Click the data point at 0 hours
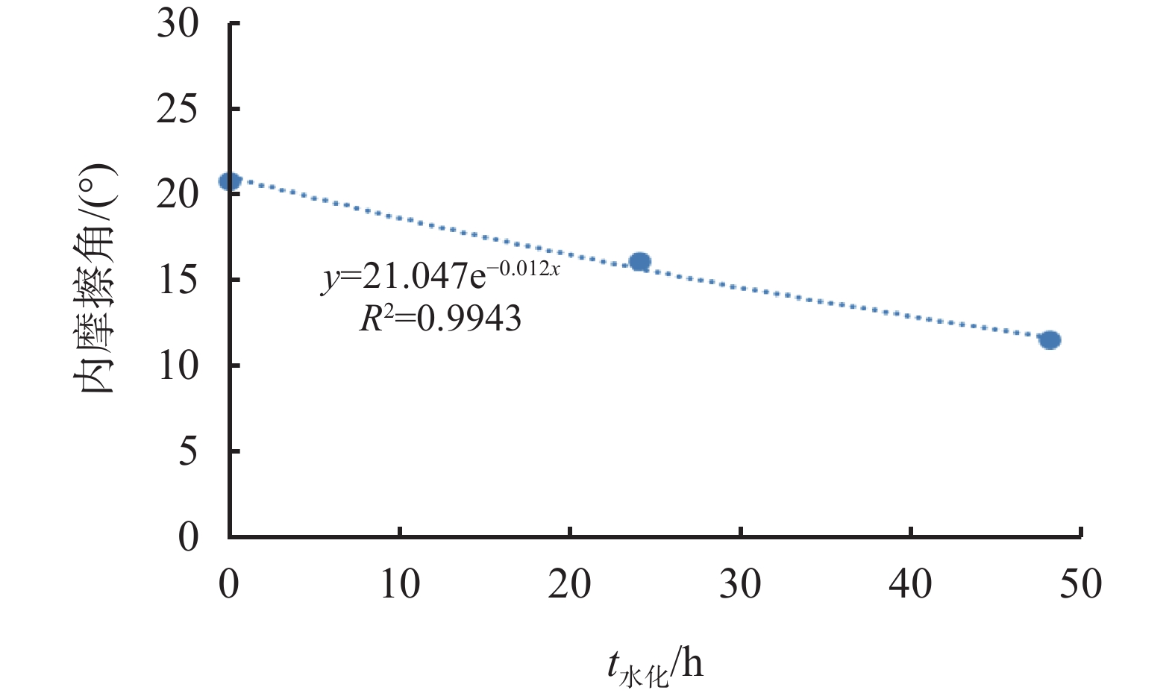point(229,181)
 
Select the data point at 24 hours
point(639,261)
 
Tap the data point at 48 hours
point(1050,340)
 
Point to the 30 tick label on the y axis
point(178,24)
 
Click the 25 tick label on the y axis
point(178,110)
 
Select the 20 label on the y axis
point(178,195)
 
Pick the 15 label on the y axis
point(178,280)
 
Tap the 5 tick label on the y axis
point(188,451)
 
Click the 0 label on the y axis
point(188,537)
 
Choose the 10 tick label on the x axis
point(400,584)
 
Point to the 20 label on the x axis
point(570,584)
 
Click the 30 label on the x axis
point(740,584)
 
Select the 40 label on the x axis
point(910,584)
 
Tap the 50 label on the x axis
point(1080,584)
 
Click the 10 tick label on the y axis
point(178,366)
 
